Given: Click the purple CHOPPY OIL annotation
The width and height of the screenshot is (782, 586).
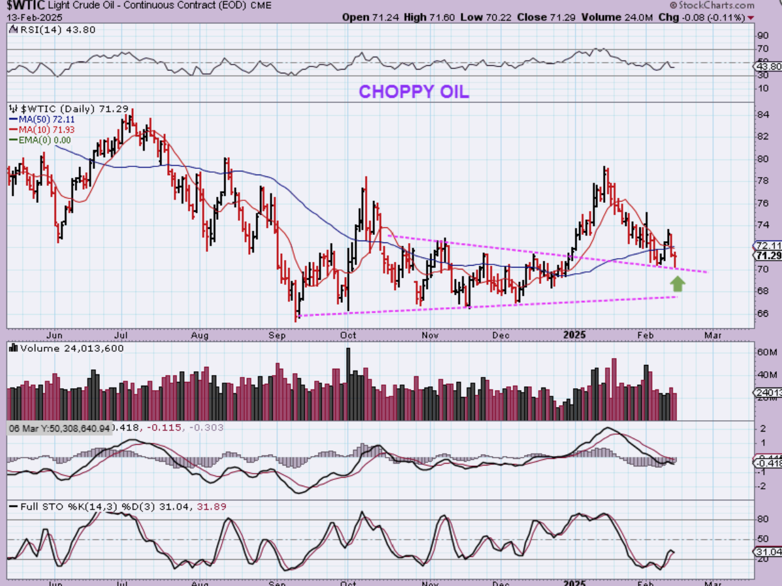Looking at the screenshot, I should [413, 92].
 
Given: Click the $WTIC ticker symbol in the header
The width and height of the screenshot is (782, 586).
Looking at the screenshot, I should [23, 5].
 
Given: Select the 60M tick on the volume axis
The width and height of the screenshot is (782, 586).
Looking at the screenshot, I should [766, 352].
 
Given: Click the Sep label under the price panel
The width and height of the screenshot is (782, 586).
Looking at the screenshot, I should [277, 335].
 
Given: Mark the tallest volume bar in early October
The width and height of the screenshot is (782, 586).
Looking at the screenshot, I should [348, 384].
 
